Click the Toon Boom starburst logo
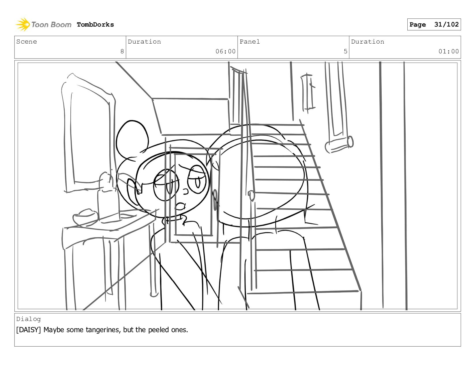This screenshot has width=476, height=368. tap(22, 24)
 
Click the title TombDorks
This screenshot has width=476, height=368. tap(95, 25)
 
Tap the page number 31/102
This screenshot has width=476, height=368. tap(446, 24)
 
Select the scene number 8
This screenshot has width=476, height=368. tap(122, 51)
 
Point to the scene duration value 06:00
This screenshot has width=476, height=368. tap(225, 51)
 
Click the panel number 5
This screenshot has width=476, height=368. tap(345, 51)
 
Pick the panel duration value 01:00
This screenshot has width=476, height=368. tap(448, 51)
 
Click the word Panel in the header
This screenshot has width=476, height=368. tap(250, 42)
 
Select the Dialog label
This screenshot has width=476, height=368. tap(29, 319)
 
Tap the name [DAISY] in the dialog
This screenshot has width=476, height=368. tap(29, 330)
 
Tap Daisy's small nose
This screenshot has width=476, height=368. tap(185, 192)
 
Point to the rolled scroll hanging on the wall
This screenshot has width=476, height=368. tap(339, 144)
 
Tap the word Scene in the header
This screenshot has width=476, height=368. tap(27, 42)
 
